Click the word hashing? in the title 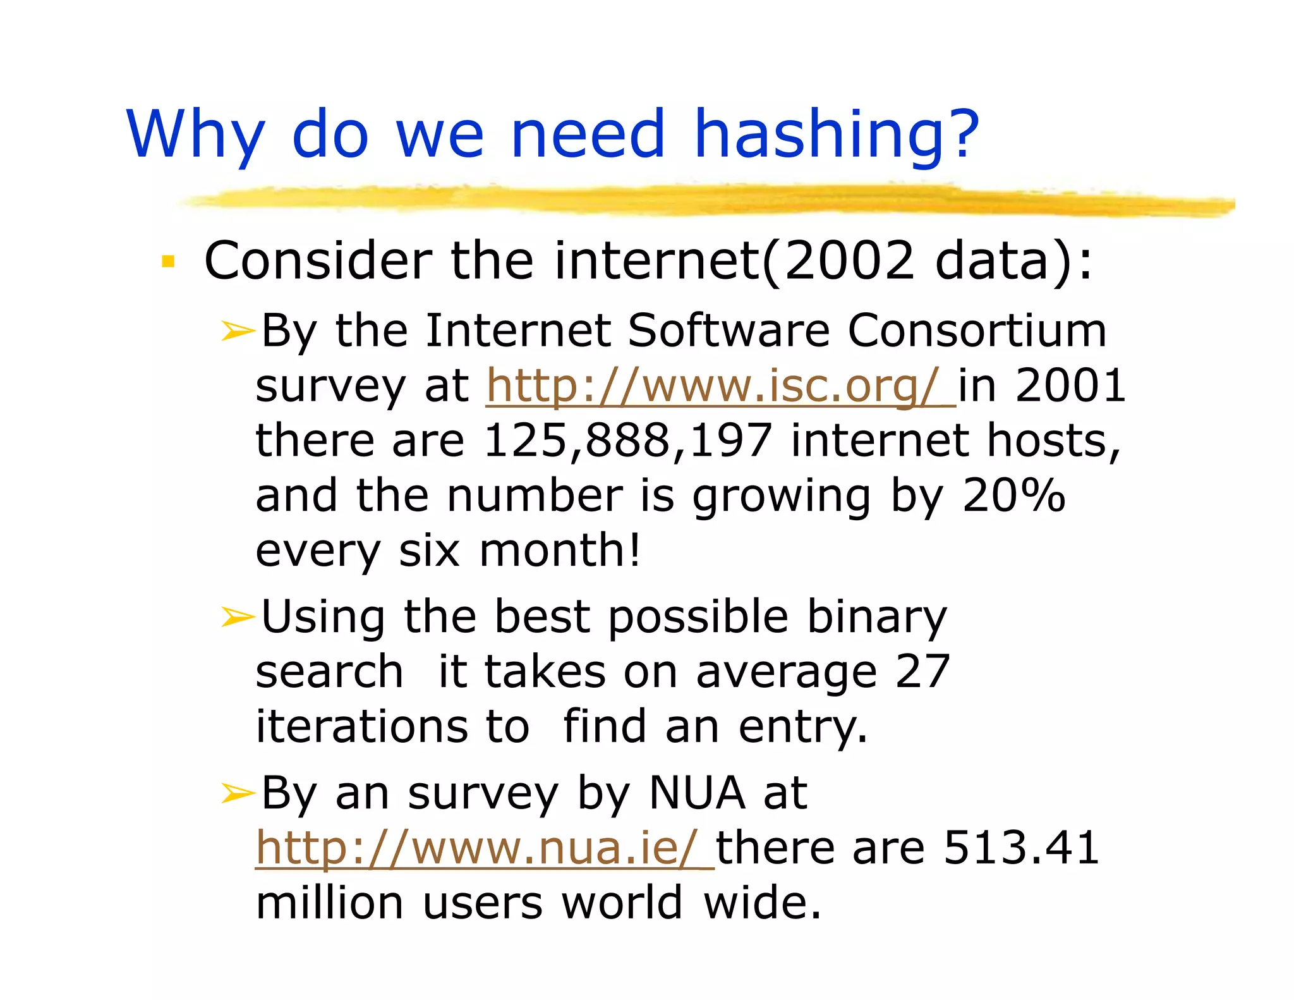(836, 134)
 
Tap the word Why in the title (195, 134)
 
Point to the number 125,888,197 (627, 440)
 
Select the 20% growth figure (1013, 495)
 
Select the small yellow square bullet (168, 261)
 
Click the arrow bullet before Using (238, 616)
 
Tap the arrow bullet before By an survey (238, 793)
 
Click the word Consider (318, 260)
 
